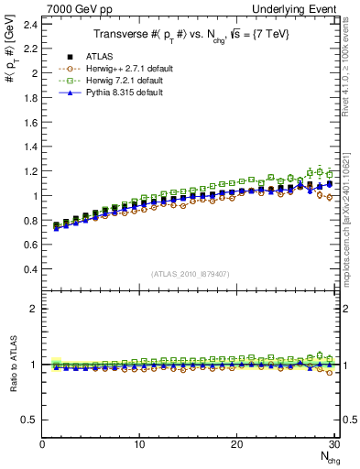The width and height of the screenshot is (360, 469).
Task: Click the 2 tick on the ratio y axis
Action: point(36,309)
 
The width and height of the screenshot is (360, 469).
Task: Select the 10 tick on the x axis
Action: point(139,444)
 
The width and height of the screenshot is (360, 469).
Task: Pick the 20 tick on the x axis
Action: point(236,444)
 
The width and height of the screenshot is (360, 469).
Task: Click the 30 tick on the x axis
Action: point(333,444)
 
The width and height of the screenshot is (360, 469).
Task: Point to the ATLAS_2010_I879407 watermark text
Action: point(191,274)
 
